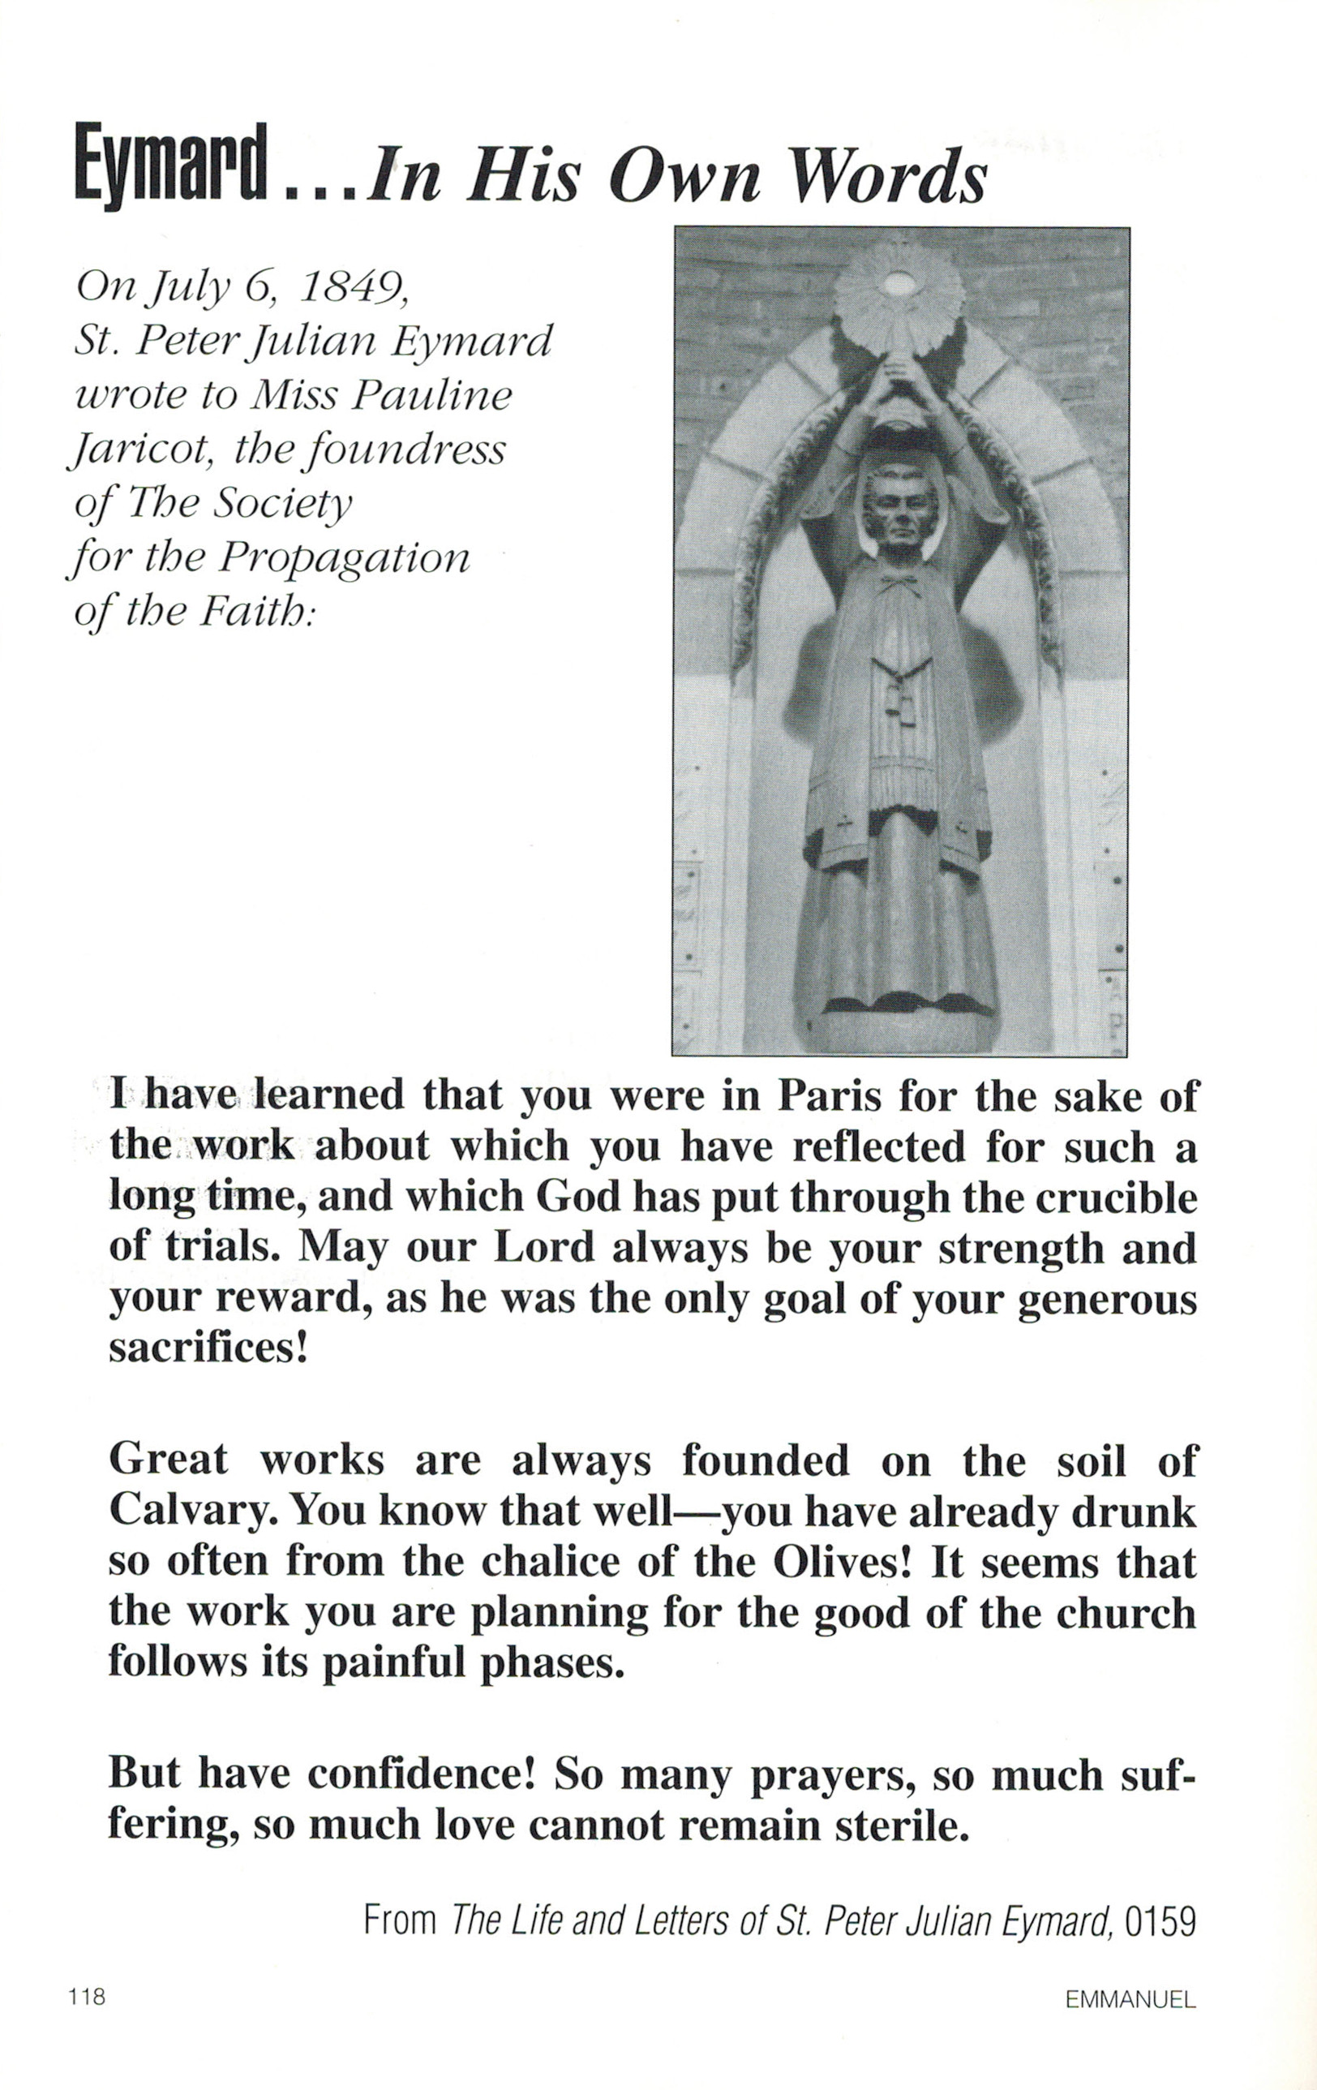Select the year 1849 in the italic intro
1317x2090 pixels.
click(353, 287)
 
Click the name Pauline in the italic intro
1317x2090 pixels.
click(432, 396)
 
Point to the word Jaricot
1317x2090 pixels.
click(139, 451)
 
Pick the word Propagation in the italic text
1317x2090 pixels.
click(344, 559)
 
